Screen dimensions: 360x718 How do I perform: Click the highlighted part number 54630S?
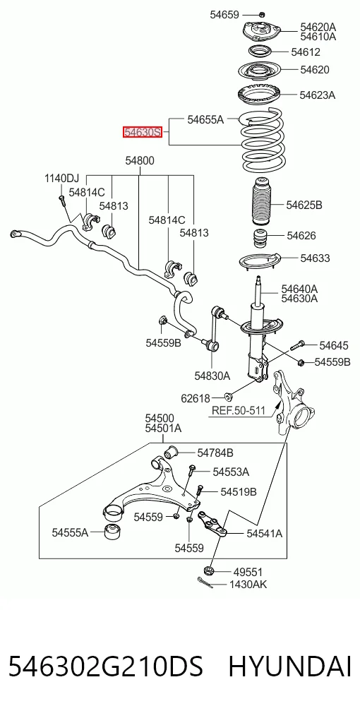[x=143, y=132]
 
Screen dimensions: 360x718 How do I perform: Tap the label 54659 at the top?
[x=224, y=15]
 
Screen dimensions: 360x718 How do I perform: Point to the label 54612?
[x=306, y=52]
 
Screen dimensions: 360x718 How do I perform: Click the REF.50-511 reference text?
[x=238, y=411]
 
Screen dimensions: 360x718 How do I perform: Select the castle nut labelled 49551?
[x=210, y=571]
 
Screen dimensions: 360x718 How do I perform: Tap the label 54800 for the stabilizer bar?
[x=140, y=161]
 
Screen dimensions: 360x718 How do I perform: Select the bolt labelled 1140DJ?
[x=62, y=198]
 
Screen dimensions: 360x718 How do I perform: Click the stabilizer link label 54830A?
[x=212, y=376]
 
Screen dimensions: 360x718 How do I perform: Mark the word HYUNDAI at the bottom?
[x=290, y=666]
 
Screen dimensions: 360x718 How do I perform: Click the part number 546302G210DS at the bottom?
[x=106, y=666]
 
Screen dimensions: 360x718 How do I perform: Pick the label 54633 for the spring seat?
[x=315, y=258]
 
